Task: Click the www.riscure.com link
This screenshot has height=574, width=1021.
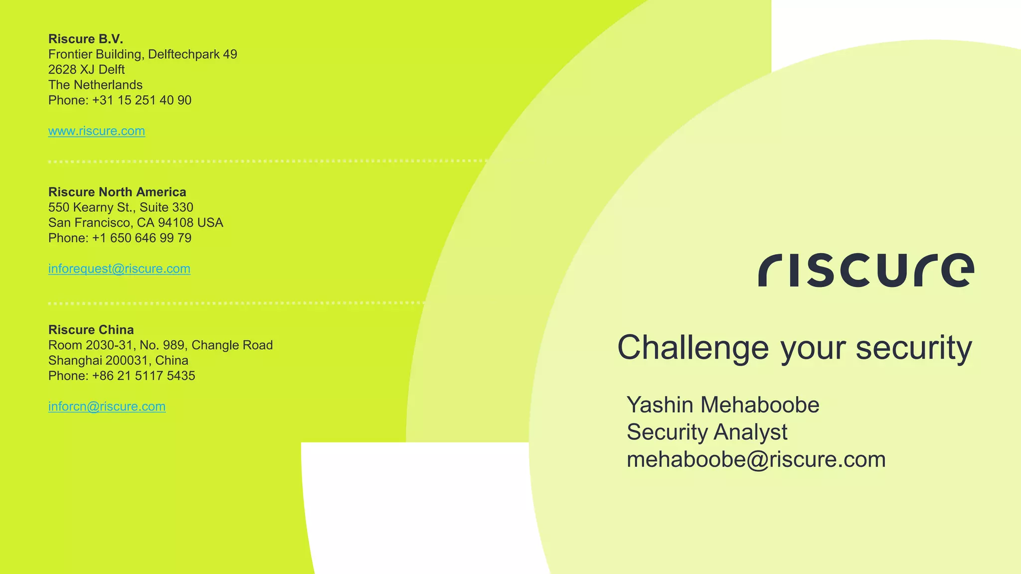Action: coord(96,131)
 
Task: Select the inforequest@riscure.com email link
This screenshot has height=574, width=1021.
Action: coord(119,269)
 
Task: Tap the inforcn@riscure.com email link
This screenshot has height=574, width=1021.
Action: coord(107,407)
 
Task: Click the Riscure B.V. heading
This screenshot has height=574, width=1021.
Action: coord(85,39)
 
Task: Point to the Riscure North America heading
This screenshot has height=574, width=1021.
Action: coord(117,192)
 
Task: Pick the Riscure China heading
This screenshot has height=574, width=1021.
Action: coord(91,330)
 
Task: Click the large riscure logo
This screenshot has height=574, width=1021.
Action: coord(866,271)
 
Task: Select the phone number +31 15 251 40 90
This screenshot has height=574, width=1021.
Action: coord(142,100)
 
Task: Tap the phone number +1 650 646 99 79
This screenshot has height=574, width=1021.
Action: coord(142,238)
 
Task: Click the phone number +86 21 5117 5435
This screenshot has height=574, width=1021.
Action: coord(144,376)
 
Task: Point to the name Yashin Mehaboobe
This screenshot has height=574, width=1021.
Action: coord(722,405)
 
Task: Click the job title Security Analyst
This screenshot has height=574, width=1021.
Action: coord(706,432)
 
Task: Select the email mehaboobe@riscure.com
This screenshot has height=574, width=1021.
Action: coord(756,459)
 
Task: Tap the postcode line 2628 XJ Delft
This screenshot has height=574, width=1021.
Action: coord(86,70)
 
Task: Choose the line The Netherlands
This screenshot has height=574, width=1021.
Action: coord(95,85)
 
